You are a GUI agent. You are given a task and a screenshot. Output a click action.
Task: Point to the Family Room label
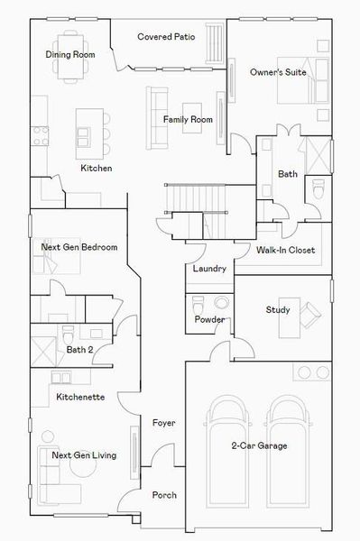point(188,119)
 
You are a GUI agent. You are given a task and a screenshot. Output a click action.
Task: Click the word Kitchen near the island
point(97,168)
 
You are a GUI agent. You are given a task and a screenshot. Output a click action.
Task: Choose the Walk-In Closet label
point(285,250)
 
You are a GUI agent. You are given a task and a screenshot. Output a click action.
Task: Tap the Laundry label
point(209,269)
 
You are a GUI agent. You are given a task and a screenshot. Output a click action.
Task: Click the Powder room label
point(208,320)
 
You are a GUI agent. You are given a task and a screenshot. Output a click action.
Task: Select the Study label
point(277,310)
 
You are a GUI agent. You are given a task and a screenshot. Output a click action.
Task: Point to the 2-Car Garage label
point(258,446)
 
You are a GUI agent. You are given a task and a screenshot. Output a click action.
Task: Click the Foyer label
point(163,423)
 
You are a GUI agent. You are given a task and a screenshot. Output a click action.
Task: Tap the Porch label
point(164,495)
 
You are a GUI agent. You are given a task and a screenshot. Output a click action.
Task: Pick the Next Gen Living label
point(84,455)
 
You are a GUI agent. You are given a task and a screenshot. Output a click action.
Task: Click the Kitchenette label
point(80,397)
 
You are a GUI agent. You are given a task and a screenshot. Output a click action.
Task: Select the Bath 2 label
point(78,349)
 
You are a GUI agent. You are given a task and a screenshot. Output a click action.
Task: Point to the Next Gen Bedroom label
point(79,247)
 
